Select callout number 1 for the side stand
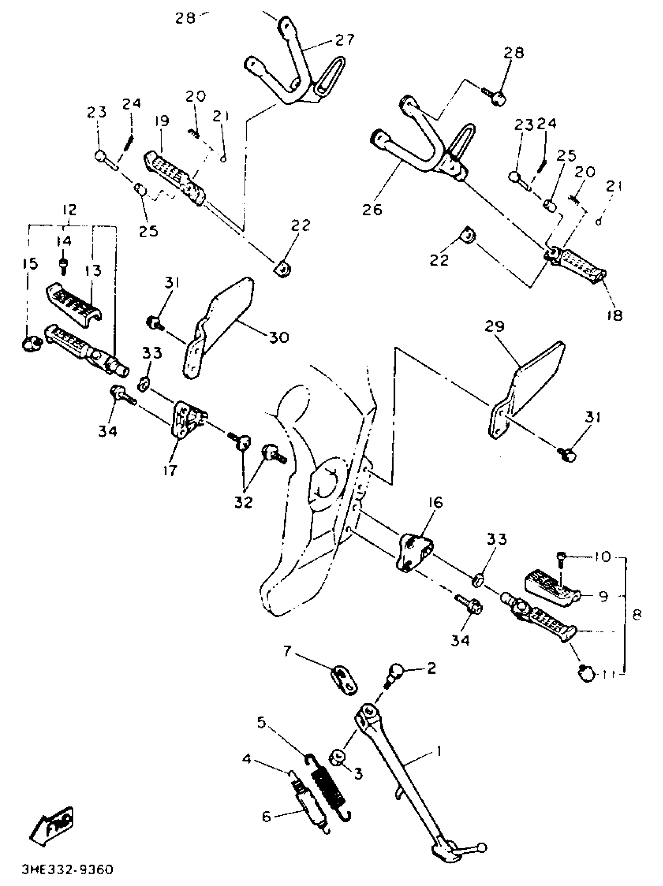(438, 751)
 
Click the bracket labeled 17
(188, 419)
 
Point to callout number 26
(372, 210)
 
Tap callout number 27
(345, 40)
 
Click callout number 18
(615, 315)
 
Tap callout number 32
(244, 502)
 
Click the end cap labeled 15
(31, 343)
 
